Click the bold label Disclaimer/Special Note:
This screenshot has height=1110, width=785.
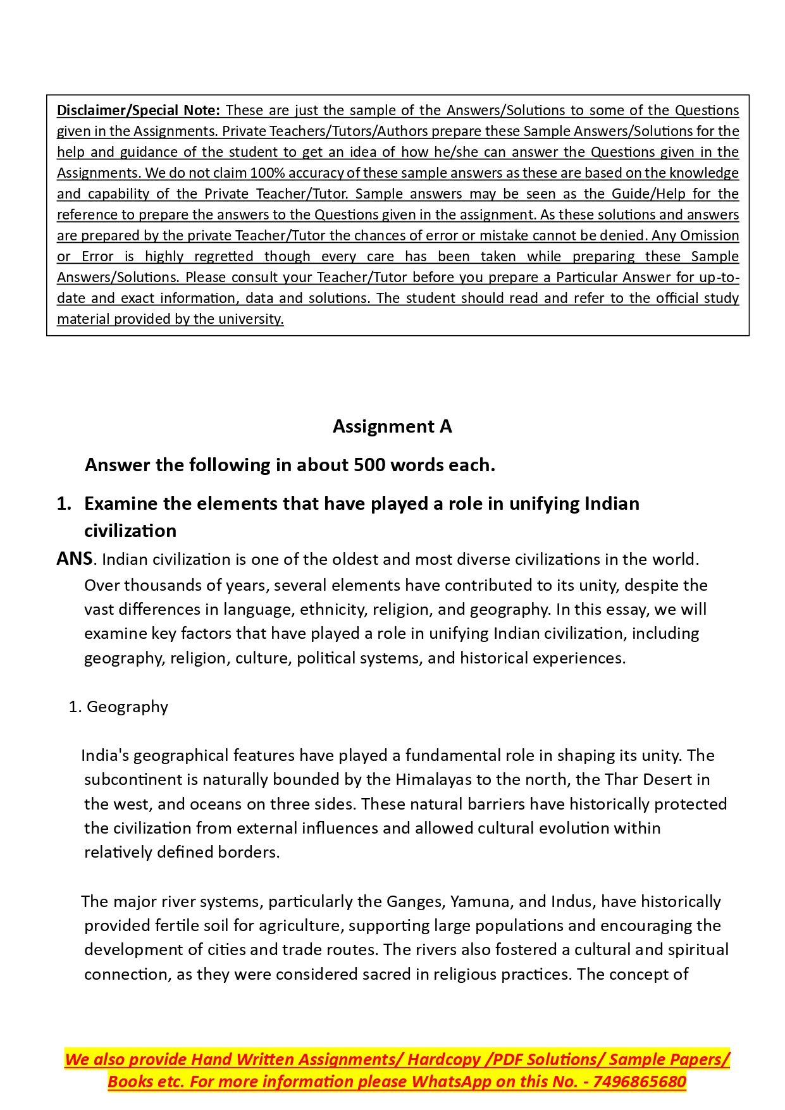139,110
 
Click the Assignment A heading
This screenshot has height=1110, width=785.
392,427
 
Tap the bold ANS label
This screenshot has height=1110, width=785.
75,559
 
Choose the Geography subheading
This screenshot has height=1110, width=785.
127,706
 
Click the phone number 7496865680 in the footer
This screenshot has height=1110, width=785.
640,1082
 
